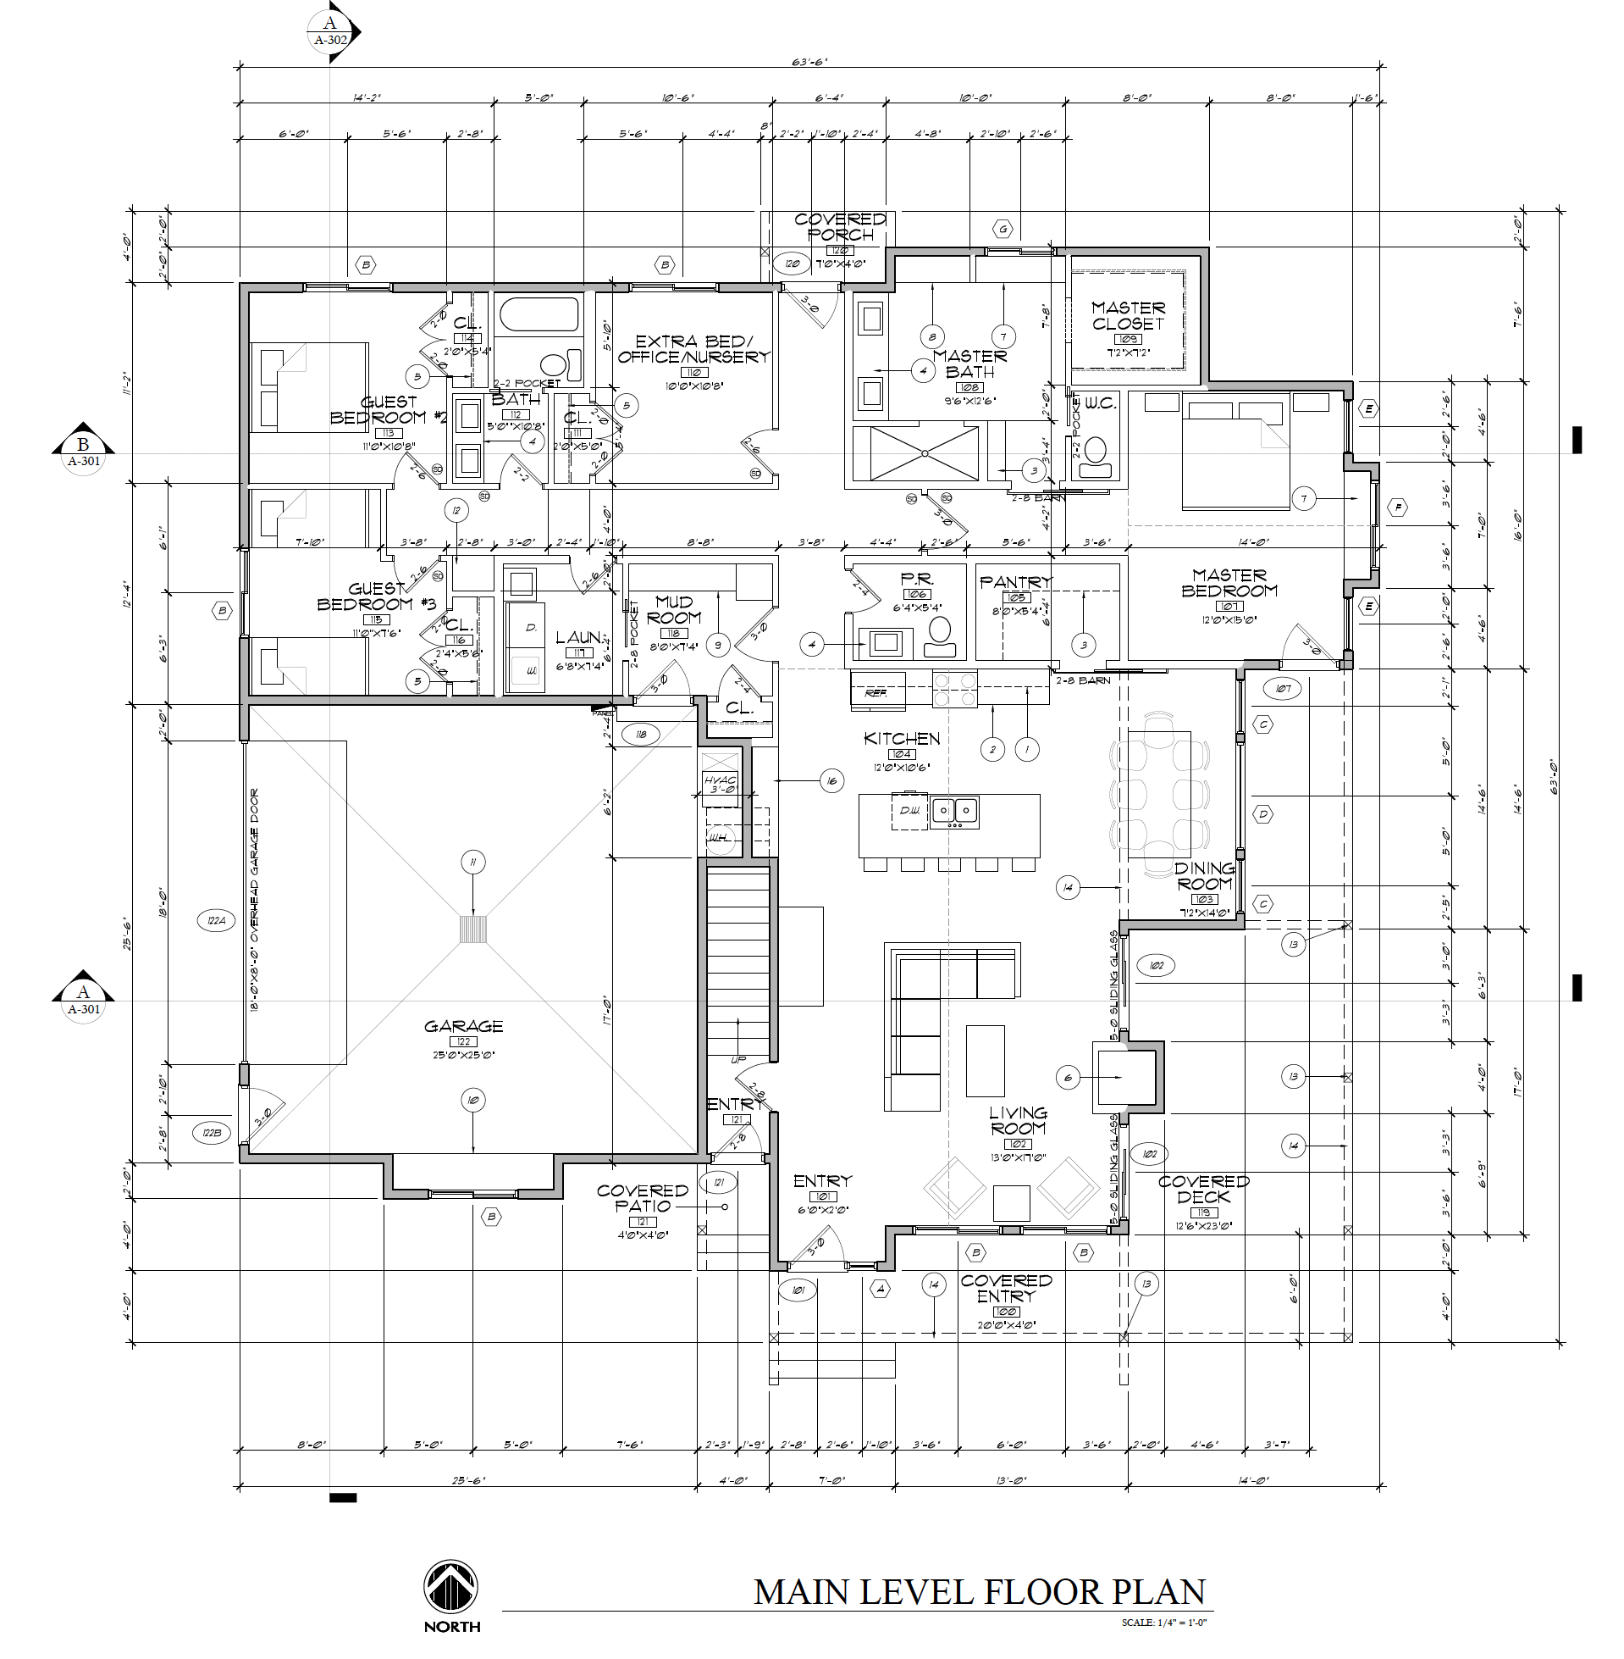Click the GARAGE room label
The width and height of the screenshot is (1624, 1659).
(x=463, y=1026)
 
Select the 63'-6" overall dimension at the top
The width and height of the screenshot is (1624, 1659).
(x=809, y=61)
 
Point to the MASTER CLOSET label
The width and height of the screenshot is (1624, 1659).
(x=1128, y=315)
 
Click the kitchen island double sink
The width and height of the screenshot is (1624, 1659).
(x=954, y=809)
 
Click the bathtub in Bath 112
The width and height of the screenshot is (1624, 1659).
(x=539, y=314)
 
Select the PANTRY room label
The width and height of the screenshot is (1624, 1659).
(x=1015, y=582)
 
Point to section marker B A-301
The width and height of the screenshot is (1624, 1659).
(x=83, y=447)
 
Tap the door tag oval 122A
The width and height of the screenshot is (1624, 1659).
(x=215, y=921)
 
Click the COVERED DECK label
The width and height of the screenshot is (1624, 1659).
(x=1203, y=1189)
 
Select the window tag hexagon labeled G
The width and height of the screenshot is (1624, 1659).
(x=1003, y=229)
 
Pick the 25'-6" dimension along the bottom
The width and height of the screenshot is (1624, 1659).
(x=467, y=1480)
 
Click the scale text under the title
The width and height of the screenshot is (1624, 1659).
(x=1164, y=1623)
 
